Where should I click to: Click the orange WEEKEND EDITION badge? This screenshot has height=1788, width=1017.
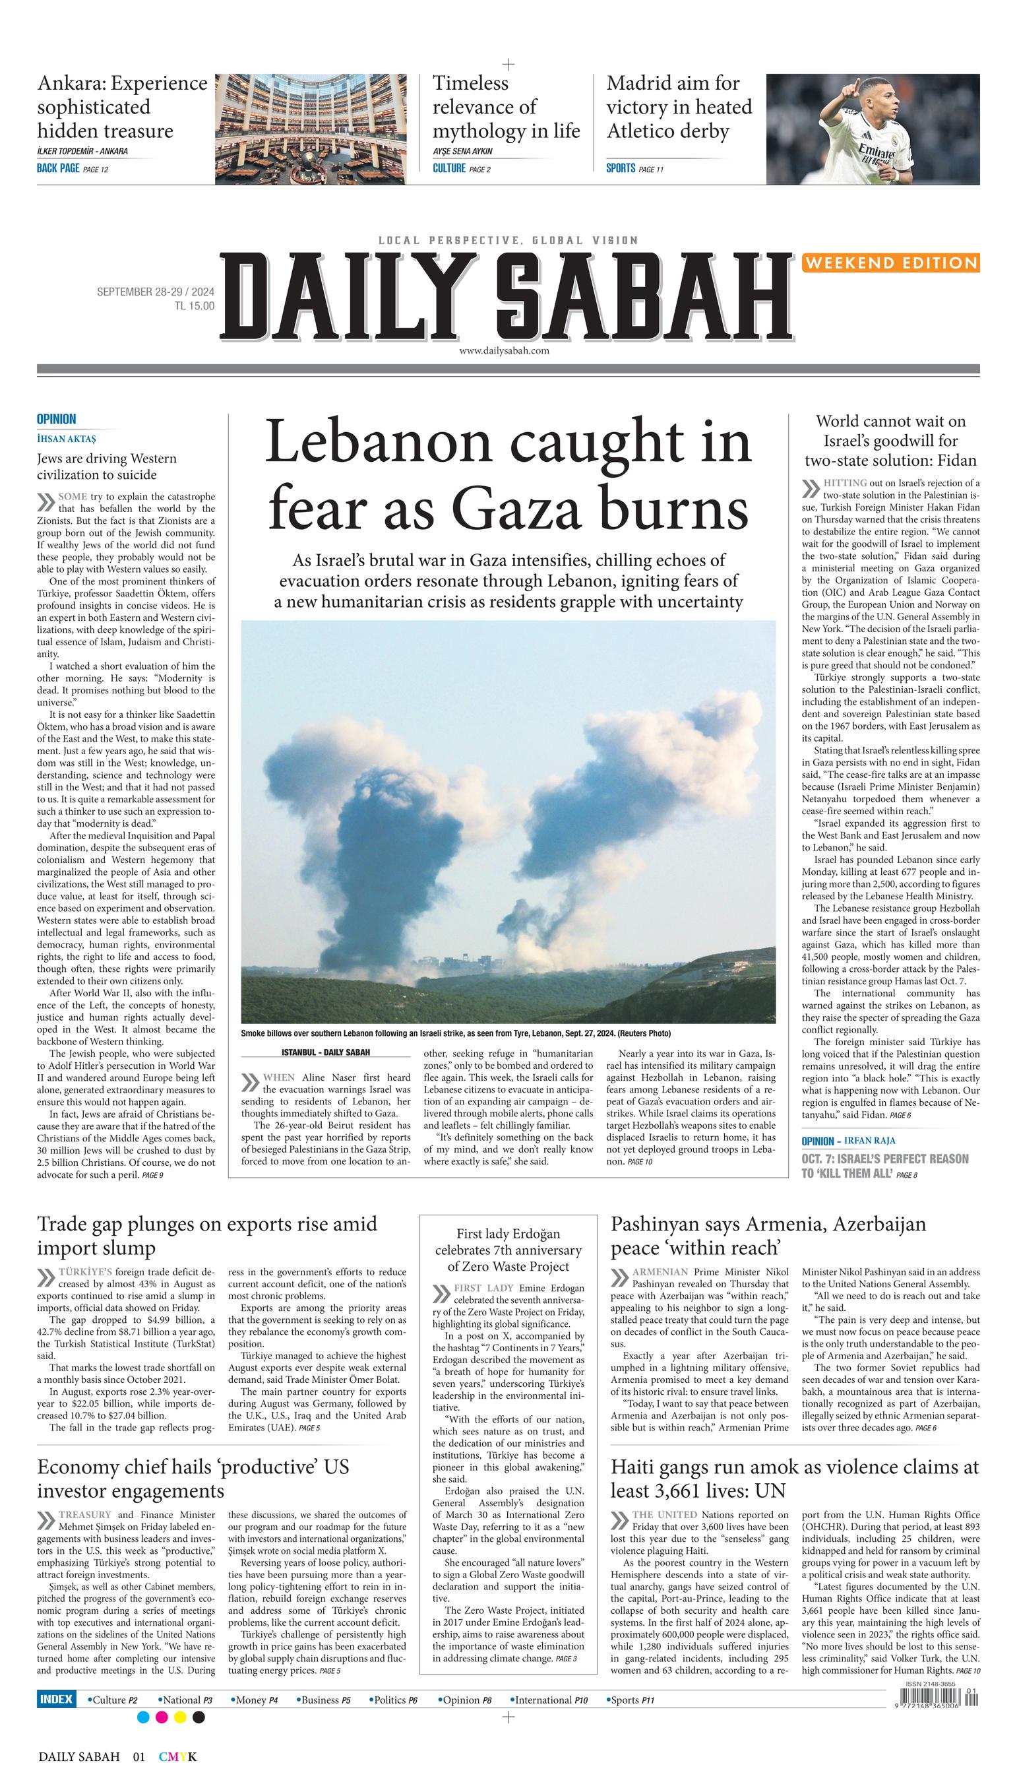pos(890,263)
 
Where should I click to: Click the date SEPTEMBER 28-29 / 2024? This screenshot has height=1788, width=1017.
pos(155,292)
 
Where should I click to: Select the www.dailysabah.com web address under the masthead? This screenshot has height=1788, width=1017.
pos(504,351)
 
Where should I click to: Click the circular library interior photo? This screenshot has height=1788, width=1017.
pos(310,129)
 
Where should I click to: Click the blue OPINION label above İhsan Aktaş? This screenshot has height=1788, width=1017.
pos(57,419)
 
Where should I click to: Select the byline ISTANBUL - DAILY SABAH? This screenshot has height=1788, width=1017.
pos(326,1052)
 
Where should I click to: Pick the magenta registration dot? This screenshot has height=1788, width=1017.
pos(162,1717)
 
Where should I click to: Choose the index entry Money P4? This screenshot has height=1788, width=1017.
pos(255,1700)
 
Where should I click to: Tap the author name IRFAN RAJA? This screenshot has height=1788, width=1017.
pos(870,1141)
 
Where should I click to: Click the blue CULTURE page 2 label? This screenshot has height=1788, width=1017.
pos(461,168)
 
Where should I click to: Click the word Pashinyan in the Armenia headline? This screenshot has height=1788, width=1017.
pos(656,1224)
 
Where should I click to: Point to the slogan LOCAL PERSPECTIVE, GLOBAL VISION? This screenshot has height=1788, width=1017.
pos(508,240)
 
